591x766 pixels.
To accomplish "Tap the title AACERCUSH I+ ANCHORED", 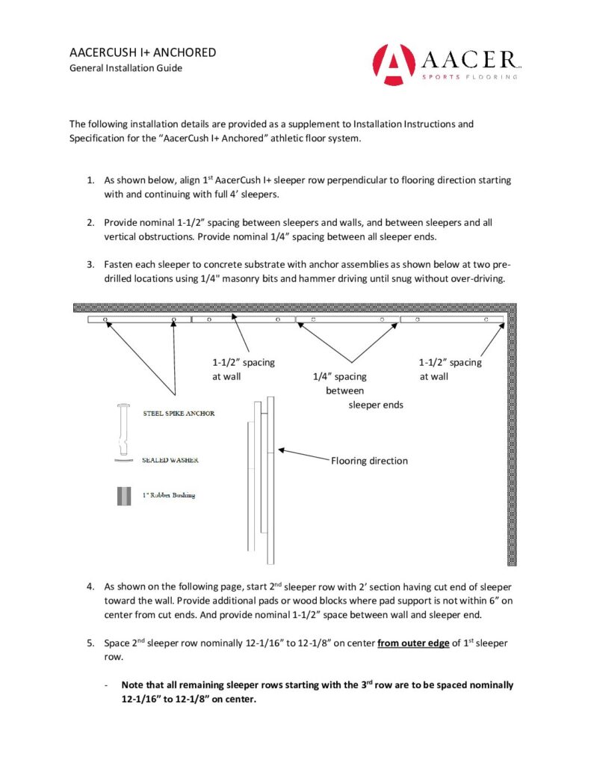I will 143,52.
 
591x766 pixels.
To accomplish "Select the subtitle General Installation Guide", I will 126,68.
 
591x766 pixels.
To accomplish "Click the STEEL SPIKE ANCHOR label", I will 178,414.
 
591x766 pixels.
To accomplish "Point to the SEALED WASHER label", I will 170,460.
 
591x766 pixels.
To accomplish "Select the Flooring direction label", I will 369,461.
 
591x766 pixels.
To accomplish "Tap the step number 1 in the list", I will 89,180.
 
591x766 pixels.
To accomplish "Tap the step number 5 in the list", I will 89,641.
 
